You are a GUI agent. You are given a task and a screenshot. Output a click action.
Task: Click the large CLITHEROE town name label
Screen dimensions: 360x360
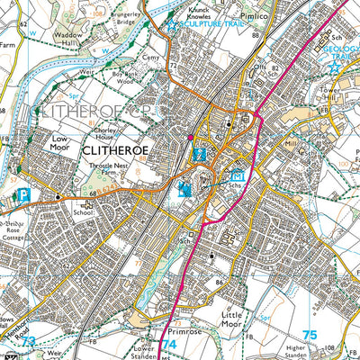pyautogui.click(x=121, y=151)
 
